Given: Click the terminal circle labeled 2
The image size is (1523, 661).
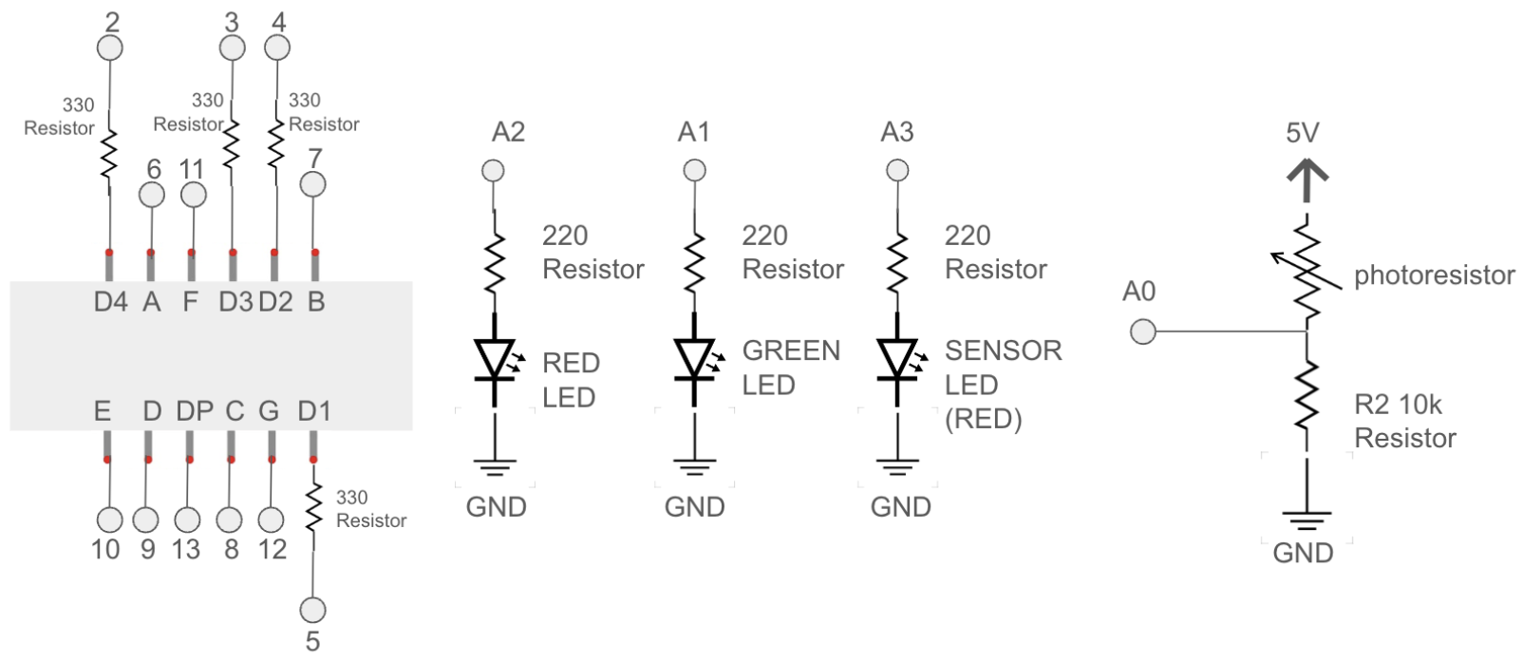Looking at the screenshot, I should [x=110, y=47].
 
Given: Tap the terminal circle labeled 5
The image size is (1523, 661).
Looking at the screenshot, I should [x=312, y=610].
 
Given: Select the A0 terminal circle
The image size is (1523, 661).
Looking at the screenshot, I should [x=1143, y=332].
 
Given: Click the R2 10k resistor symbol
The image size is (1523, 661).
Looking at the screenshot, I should [x=1307, y=404].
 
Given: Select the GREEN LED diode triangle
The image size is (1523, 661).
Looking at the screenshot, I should [x=694, y=359].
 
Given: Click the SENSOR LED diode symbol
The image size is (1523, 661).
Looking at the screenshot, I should [x=897, y=359].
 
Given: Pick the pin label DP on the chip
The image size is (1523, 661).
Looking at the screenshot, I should [x=194, y=411].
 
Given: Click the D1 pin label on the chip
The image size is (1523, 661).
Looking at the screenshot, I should [x=314, y=411].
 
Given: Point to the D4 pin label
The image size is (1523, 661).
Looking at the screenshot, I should [x=110, y=302].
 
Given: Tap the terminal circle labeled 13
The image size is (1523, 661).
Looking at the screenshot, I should [x=188, y=519].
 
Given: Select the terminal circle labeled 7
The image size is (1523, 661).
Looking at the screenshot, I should [x=312, y=184].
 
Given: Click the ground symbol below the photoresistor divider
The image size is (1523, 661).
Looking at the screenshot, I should [x=1307, y=520].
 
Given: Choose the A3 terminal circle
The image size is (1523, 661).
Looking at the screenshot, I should [x=897, y=170].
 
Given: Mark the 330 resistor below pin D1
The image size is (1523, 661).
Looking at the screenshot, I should [x=312, y=508].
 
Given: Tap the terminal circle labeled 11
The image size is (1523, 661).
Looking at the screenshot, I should [x=193, y=195].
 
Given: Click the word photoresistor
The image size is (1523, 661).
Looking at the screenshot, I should [x=1433, y=275].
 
